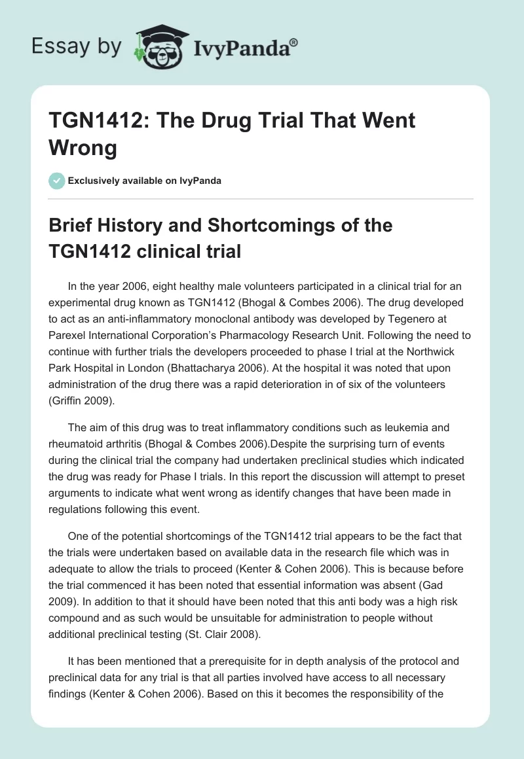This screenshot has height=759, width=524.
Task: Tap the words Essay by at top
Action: coord(76,46)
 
